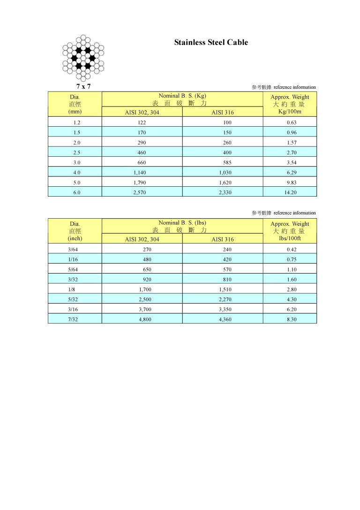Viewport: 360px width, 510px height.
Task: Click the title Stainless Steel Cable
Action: coord(211,42)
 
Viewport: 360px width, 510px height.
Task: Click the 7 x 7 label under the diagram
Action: coord(83,86)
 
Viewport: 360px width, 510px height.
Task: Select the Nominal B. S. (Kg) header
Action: coord(182,96)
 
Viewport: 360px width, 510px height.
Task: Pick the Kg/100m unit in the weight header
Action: coord(290,112)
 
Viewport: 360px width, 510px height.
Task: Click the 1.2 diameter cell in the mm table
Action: coord(75,122)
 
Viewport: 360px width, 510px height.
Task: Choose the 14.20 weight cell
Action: coord(290,192)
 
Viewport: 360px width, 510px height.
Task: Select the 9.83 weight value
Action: coord(290,183)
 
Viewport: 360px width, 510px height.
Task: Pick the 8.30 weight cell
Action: coord(290,319)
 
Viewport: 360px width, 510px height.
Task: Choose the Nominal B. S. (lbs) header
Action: coord(182,222)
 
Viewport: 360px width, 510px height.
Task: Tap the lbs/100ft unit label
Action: coord(290,239)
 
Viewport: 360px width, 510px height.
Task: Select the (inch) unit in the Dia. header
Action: coord(75,239)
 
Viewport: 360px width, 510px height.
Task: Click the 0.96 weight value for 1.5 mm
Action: coord(290,132)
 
